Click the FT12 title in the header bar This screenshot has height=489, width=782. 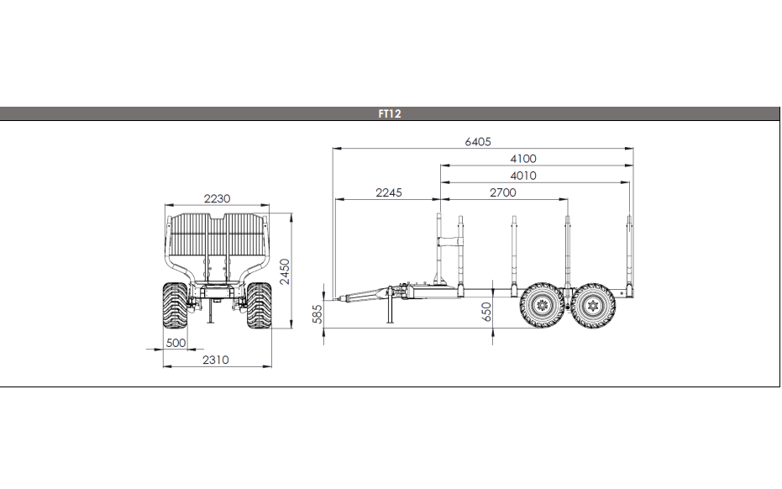(x=390, y=113)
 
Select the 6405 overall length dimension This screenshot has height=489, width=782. (x=478, y=142)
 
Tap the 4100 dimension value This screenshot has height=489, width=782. (x=523, y=159)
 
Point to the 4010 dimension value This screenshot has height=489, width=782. (x=523, y=176)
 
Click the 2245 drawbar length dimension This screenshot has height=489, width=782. (x=389, y=192)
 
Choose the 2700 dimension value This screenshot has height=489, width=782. (x=502, y=192)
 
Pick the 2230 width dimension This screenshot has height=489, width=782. (x=217, y=198)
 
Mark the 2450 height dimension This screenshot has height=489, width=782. (x=285, y=271)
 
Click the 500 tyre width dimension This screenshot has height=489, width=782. (x=176, y=343)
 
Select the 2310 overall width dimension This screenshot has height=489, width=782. (x=215, y=360)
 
